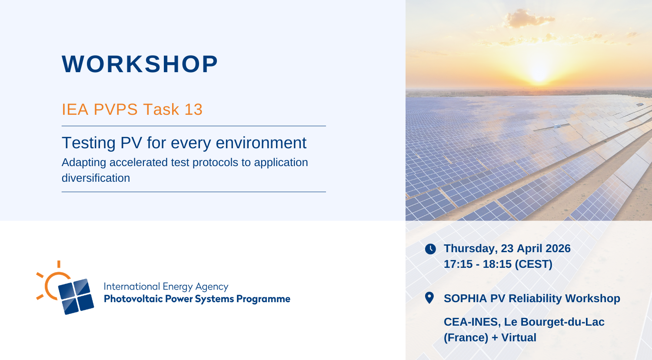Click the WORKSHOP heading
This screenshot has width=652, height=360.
tap(140, 64)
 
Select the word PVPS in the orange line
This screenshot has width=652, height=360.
tap(116, 110)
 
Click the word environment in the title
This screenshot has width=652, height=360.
tap(261, 143)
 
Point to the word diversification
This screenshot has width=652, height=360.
tap(96, 178)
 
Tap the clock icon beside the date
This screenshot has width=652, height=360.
tap(430, 249)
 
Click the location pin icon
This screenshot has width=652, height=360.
tap(429, 298)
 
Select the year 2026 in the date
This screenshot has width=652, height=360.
tap(558, 248)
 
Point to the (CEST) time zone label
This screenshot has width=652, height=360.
tap(533, 264)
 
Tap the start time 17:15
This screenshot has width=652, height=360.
tap(458, 264)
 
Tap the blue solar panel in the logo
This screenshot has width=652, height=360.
tap(76, 297)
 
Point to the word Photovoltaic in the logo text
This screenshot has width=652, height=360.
tap(133, 299)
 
